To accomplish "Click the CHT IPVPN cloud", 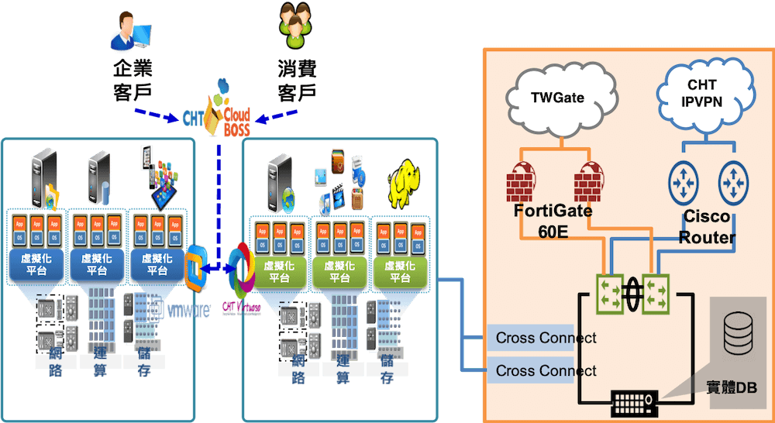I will [x=702, y=93].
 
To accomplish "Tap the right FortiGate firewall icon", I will [x=590, y=181].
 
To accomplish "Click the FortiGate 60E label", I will [x=553, y=221].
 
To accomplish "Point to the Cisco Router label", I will [x=706, y=227].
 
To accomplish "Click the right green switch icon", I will [x=658, y=295].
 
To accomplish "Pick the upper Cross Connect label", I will [x=546, y=338].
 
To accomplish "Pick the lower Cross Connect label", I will [x=546, y=370].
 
